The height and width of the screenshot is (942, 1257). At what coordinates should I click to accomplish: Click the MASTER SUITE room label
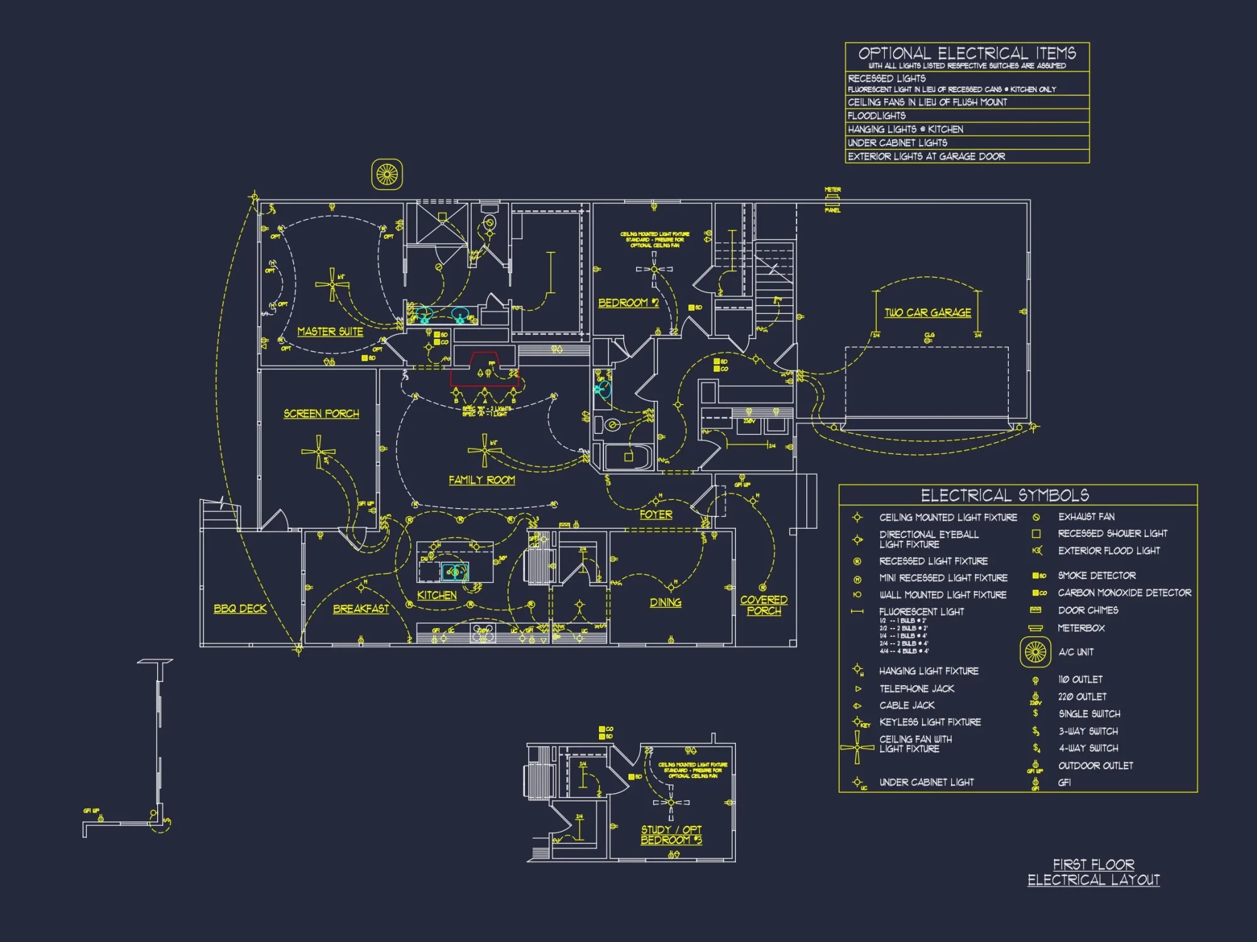click(x=330, y=332)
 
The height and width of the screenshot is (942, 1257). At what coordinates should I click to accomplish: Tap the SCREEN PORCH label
click(x=321, y=414)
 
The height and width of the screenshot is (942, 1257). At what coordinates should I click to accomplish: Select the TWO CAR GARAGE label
click(x=928, y=313)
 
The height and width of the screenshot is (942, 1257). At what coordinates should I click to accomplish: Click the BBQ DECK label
click(x=240, y=609)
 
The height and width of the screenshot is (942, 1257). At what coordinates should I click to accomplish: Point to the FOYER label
click(x=656, y=514)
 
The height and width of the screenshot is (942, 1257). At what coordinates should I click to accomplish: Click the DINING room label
click(x=665, y=602)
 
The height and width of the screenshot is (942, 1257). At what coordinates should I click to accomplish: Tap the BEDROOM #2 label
click(x=628, y=303)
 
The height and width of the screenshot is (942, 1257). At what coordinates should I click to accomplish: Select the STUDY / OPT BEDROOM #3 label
click(x=671, y=835)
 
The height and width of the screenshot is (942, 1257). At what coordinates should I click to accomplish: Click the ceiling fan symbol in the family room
click(x=485, y=450)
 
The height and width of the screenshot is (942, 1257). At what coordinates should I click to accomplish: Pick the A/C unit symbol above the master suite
click(x=387, y=174)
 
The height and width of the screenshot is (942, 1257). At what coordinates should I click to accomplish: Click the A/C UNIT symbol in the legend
click(x=1035, y=652)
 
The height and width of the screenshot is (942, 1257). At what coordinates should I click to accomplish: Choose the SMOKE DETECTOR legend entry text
click(x=1096, y=575)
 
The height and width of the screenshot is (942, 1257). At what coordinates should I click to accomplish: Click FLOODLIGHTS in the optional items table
click(x=876, y=116)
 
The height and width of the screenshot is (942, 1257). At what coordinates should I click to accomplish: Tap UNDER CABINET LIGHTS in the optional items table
click(x=897, y=143)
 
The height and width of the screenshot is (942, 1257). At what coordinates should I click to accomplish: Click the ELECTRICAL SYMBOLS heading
click(x=1004, y=495)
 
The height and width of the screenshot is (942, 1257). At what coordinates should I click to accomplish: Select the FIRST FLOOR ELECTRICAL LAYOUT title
click(x=1094, y=872)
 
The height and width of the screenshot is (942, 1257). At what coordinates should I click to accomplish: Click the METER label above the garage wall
click(x=832, y=190)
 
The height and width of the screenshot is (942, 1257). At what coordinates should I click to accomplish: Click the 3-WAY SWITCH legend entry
click(x=1088, y=731)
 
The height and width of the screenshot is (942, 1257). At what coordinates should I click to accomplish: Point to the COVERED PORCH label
click(x=763, y=605)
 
